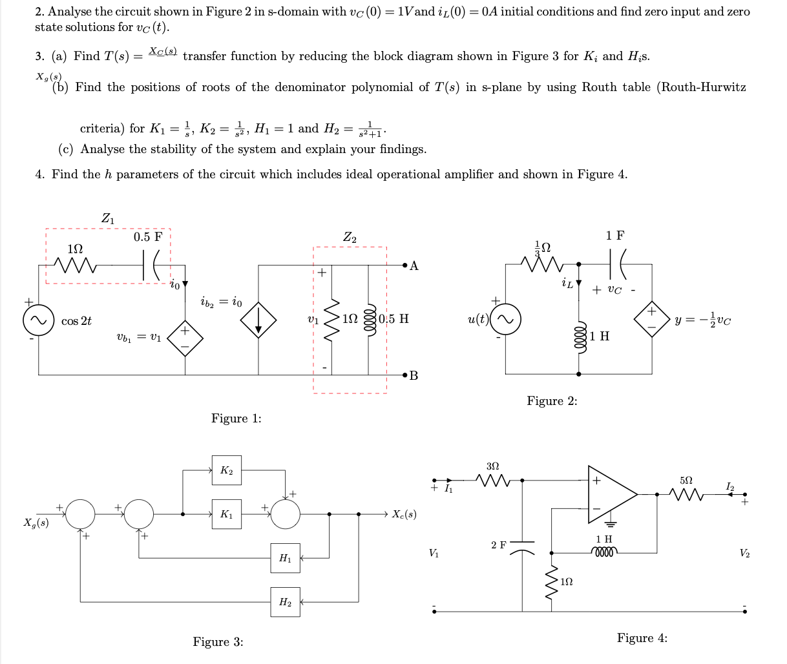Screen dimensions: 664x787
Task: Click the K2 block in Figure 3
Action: pos(226,470)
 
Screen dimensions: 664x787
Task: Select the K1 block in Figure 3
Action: pos(226,515)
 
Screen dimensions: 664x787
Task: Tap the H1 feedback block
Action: pos(285,559)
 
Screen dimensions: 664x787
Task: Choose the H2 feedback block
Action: pos(285,602)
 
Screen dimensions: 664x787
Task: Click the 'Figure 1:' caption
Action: pos(236,419)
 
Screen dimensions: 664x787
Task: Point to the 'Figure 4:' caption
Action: pos(642,638)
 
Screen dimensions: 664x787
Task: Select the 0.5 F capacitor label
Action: pos(148,237)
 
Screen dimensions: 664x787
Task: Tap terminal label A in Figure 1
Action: pos(414,265)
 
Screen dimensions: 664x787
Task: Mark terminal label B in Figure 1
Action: pos(414,376)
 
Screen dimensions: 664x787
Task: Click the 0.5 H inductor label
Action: pos(394,319)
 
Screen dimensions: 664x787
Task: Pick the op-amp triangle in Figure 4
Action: pos(611,495)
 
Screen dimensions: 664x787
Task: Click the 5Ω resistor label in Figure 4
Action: pos(686,481)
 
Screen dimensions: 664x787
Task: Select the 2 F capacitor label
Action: pos(498,545)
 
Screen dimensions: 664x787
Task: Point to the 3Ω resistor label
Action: pos(492,465)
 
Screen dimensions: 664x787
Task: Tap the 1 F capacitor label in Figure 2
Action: pos(615,236)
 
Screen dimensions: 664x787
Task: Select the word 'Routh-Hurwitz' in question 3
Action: pos(701,87)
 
